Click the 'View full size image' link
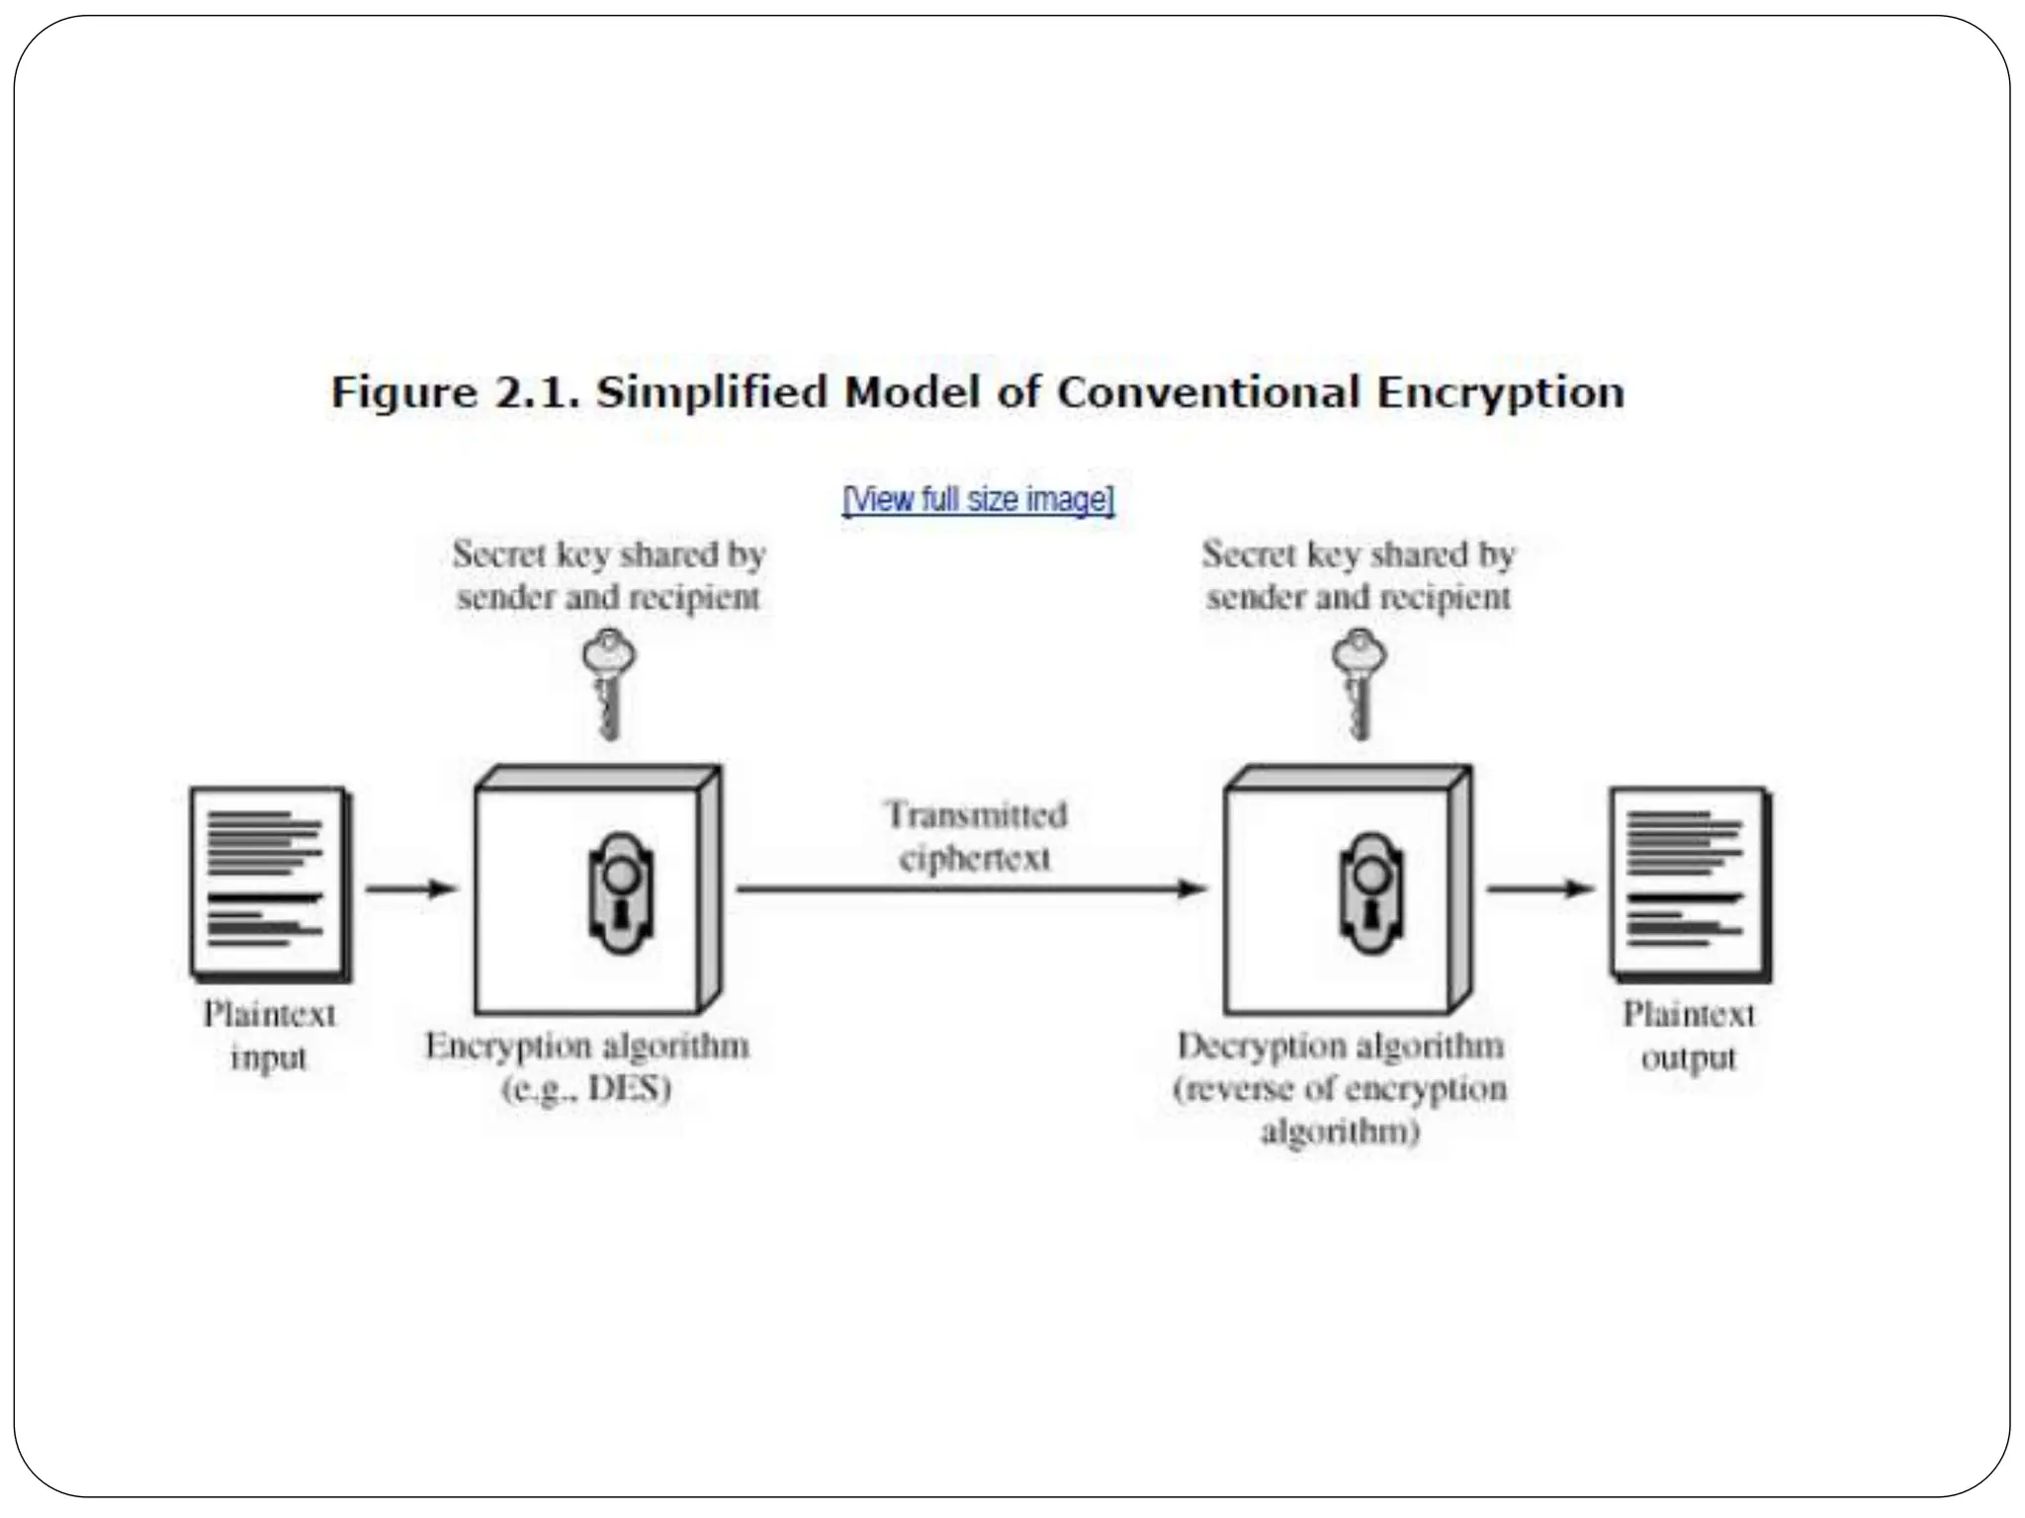coord(978,500)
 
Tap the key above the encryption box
coord(609,683)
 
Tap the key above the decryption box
coord(1360,683)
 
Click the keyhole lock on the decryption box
coord(1371,893)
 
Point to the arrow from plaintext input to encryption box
coord(411,888)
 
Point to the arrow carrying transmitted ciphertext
coord(971,888)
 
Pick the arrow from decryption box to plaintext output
coord(1541,888)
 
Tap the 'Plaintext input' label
coord(269,1036)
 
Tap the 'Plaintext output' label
coord(1689,1036)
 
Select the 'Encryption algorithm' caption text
coord(587,1046)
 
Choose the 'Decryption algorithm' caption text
coord(1340,1046)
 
